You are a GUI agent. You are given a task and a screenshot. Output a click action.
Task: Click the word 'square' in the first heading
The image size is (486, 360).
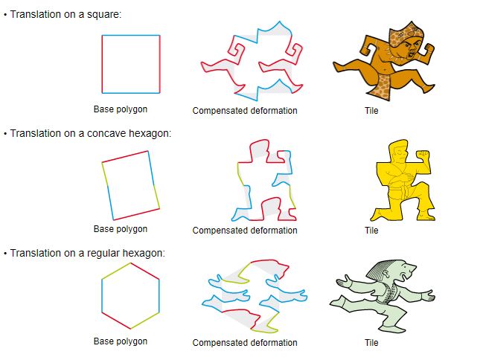[x=104, y=15]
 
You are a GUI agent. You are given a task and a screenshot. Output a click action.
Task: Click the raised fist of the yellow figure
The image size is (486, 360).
[x=423, y=155]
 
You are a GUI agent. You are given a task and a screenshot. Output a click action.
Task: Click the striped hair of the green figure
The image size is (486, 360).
[x=382, y=269]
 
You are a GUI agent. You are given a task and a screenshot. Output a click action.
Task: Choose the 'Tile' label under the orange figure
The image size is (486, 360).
[x=371, y=111]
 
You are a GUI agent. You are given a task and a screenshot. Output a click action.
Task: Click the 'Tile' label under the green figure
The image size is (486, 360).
[x=371, y=343]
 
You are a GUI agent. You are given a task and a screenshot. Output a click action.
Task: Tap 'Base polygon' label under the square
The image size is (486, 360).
[x=121, y=109]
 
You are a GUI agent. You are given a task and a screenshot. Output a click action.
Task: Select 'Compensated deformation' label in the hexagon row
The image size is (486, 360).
[x=245, y=343]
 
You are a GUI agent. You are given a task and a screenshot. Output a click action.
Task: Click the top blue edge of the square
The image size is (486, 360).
[x=131, y=35]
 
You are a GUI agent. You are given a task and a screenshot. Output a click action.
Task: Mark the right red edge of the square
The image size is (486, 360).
[x=159, y=64]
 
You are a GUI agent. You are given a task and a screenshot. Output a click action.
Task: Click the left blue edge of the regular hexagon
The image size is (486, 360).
[x=102, y=296]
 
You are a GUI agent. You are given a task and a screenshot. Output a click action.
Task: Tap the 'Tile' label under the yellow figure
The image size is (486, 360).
[x=371, y=231]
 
